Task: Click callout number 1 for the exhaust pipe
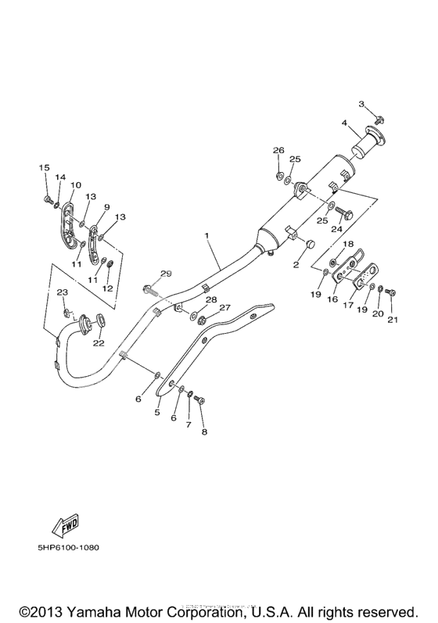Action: (x=206, y=235)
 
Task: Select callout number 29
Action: (x=166, y=274)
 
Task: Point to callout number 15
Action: (x=44, y=167)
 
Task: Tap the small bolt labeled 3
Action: (x=379, y=119)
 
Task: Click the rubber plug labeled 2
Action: (x=309, y=242)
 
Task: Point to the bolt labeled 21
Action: (x=390, y=292)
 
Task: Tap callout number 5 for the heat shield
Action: (x=157, y=412)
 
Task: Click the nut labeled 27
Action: (x=201, y=318)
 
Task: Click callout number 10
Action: (x=76, y=184)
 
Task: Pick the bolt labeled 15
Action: (x=47, y=199)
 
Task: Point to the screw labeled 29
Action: (x=151, y=291)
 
